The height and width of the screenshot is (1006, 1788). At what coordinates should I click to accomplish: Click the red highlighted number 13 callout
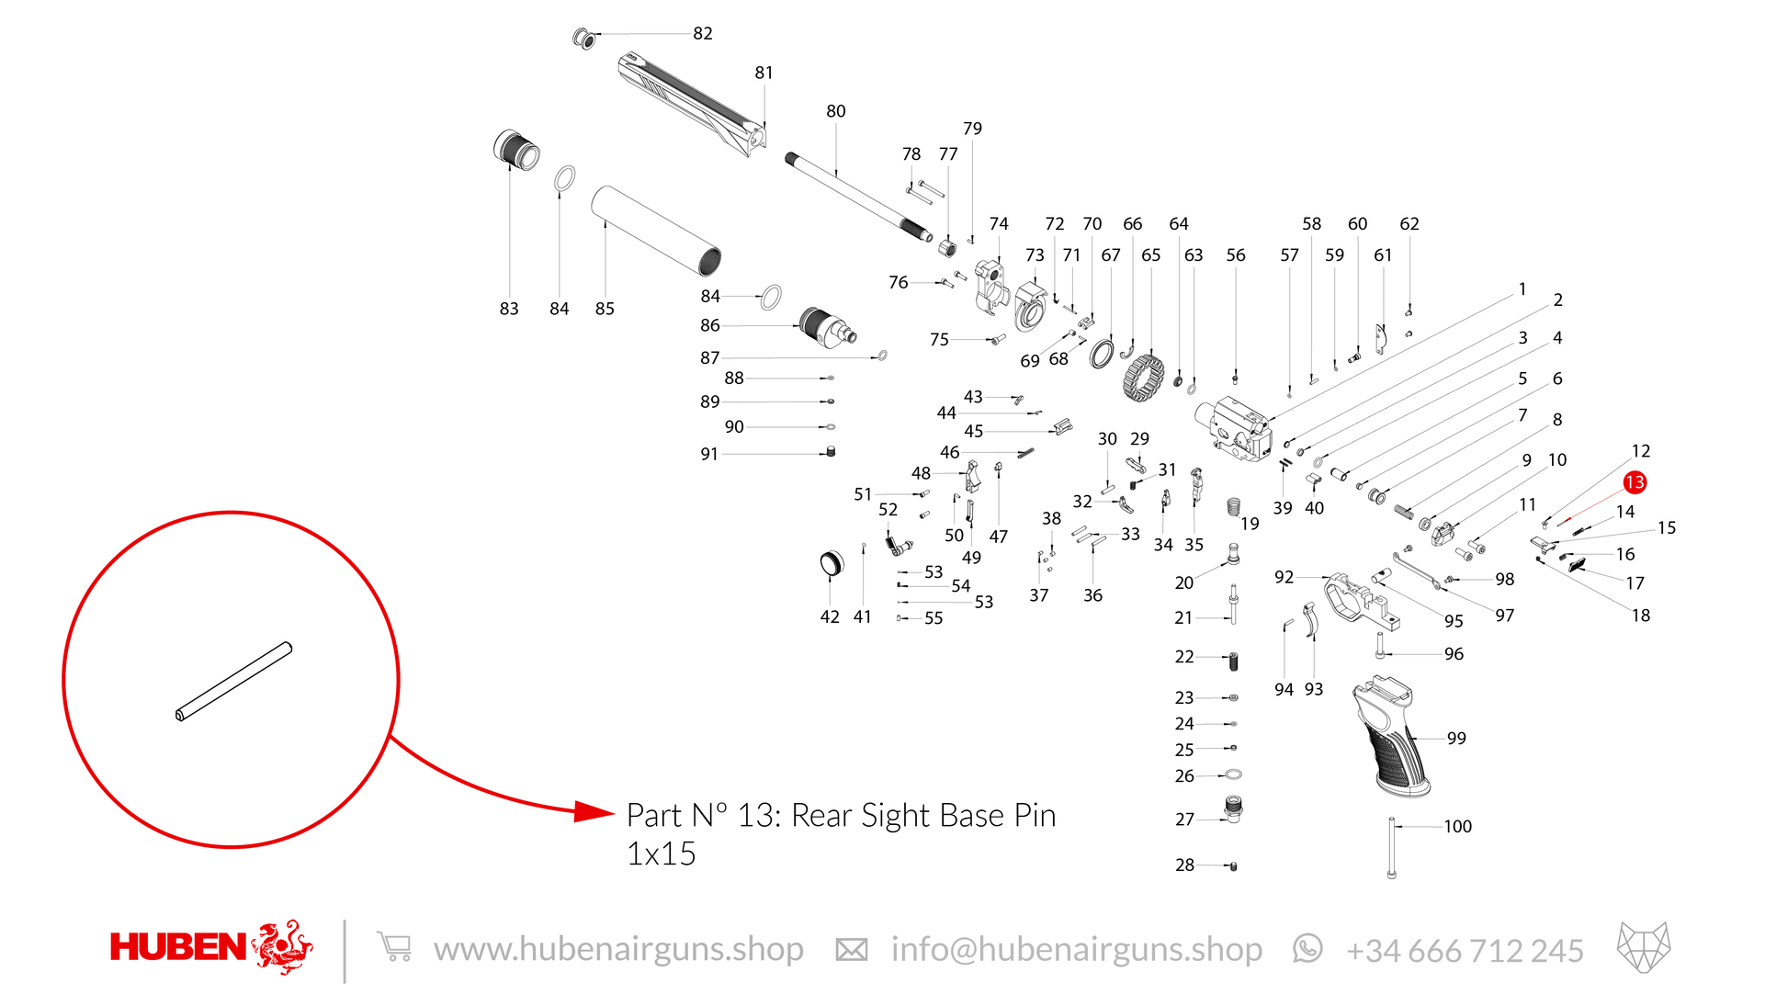click(1634, 482)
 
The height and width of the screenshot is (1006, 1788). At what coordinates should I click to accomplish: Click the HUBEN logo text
click(178, 947)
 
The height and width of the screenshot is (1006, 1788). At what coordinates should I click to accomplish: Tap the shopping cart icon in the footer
click(394, 946)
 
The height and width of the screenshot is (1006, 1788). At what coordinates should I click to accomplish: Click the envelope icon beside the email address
click(851, 949)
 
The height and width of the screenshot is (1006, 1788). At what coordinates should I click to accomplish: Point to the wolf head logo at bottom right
click(1644, 947)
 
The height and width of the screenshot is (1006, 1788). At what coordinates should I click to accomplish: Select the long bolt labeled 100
click(1391, 848)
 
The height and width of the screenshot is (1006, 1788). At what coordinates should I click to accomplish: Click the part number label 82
click(703, 33)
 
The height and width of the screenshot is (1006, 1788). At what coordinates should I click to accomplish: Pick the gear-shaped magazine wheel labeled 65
click(1143, 378)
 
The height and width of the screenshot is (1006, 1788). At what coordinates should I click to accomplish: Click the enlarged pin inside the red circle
click(233, 681)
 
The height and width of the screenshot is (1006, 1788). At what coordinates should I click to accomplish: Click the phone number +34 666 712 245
click(1465, 950)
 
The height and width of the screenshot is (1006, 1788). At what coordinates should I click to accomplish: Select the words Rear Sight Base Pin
click(923, 815)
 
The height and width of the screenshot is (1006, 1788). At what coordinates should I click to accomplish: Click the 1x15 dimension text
click(662, 853)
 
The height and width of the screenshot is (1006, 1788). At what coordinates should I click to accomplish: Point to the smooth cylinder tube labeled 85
click(656, 231)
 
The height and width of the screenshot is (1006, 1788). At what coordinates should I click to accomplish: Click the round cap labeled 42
click(831, 563)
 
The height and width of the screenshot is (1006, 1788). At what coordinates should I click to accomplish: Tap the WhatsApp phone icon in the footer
click(1307, 948)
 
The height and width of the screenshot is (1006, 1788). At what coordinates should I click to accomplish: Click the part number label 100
click(1457, 826)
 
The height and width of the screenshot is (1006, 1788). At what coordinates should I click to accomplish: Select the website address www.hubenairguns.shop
click(618, 949)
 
